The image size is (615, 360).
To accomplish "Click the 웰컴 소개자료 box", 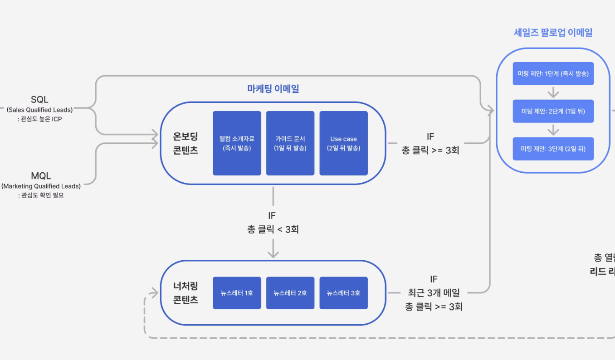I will click(x=237, y=143).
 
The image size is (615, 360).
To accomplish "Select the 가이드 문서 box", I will click(x=290, y=143).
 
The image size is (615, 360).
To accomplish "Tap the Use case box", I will click(x=343, y=143).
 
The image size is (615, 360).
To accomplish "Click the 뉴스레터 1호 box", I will click(x=237, y=293).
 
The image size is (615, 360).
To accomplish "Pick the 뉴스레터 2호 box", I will click(x=290, y=293).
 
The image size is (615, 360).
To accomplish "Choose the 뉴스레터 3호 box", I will click(x=343, y=293).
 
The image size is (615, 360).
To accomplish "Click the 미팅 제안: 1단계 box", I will click(x=553, y=73).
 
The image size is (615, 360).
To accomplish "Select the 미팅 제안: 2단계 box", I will click(x=553, y=111).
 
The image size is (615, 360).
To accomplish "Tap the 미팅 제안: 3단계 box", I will click(x=553, y=149).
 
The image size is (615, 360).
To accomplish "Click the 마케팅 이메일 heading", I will click(x=273, y=89).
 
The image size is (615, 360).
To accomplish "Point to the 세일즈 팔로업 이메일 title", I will click(x=553, y=32).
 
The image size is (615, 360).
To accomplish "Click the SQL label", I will click(x=39, y=99).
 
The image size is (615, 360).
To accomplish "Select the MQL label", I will click(x=41, y=176).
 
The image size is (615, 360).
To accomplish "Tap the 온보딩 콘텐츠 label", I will click(x=185, y=143).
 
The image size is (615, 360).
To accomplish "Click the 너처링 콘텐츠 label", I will click(x=185, y=293).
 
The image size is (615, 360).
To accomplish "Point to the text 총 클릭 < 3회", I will click(x=273, y=229).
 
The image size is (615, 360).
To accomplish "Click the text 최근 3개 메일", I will click(x=433, y=293).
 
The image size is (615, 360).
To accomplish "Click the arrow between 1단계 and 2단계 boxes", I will click(x=553, y=92).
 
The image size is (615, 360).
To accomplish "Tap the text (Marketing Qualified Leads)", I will click(x=41, y=186).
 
